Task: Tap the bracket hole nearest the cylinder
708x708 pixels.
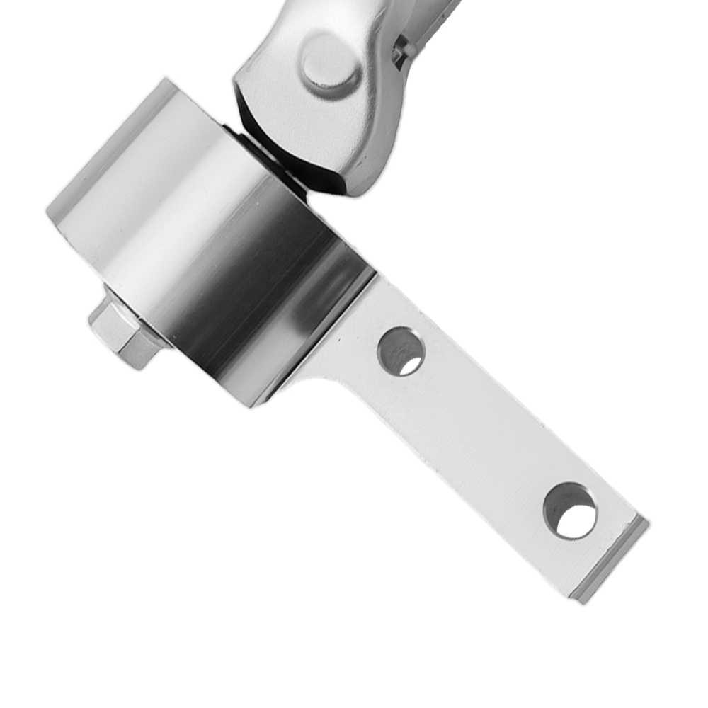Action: (x=401, y=351)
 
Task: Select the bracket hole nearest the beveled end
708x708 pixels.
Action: (x=570, y=510)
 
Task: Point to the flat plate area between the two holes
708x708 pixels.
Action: (x=481, y=432)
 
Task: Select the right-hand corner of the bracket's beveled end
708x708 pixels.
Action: (x=646, y=520)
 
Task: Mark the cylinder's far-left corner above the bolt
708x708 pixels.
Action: (x=48, y=211)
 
